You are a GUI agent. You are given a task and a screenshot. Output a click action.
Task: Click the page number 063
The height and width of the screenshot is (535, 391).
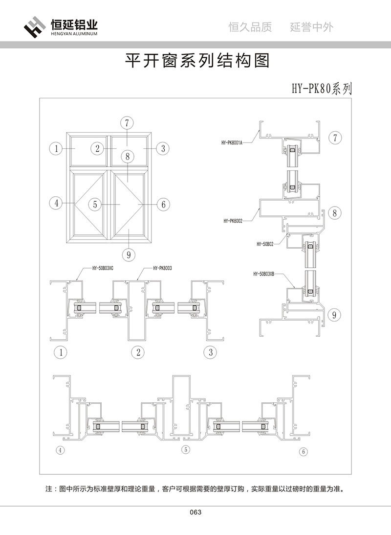pyautogui.click(x=195, y=512)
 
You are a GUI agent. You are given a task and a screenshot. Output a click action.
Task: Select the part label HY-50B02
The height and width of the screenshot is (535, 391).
pyautogui.click(x=265, y=243)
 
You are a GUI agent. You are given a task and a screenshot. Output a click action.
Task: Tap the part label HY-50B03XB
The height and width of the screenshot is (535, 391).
pyautogui.click(x=264, y=275)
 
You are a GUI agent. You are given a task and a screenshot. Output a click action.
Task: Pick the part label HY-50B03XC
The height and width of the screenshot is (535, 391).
pyautogui.click(x=103, y=268)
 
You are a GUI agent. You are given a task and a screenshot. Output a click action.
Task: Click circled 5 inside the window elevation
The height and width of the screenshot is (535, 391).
pyautogui.click(x=95, y=204)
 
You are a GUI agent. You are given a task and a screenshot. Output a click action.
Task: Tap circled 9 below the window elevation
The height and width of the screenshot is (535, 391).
pyautogui.click(x=127, y=254)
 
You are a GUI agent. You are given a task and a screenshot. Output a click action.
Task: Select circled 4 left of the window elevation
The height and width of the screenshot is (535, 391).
pyautogui.click(x=57, y=203)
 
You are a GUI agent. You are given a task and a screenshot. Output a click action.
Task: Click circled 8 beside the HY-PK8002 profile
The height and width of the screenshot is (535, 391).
pyautogui.click(x=335, y=213)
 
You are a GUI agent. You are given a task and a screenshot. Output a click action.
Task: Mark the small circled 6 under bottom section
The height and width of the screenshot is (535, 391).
pyautogui.click(x=304, y=451)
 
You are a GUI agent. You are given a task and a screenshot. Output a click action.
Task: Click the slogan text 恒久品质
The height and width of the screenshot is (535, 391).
pyautogui.click(x=250, y=27)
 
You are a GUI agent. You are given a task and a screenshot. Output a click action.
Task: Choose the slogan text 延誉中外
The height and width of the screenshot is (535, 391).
pyautogui.click(x=311, y=27)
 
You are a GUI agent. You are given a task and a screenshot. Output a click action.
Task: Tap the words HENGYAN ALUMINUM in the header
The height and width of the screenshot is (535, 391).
pyautogui.click(x=74, y=35)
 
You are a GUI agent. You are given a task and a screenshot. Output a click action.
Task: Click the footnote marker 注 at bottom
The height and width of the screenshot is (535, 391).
pyautogui.click(x=48, y=489)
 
